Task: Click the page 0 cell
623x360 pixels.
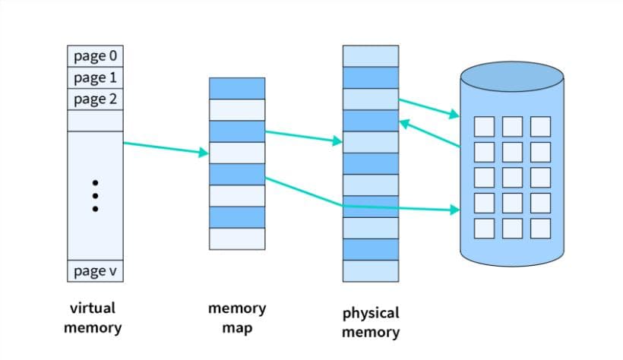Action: pyautogui.click(x=95, y=55)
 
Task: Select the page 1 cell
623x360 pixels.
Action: pyautogui.click(x=95, y=77)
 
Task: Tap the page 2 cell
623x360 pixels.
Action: pyautogui.click(x=95, y=99)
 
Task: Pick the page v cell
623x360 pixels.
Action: pyautogui.click(x=95, y=271)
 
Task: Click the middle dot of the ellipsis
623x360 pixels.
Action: pyautogui.click(x=95, y=195)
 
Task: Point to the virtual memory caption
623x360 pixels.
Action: pyautogui.click(x=92, y=318)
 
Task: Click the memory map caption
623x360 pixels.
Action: pyautogui.click(x=237, y=318)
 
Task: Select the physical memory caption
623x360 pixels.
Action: pyautogui.click(x=370, y=322)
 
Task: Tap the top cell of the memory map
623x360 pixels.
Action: pyautogui.click(x=237, y=88)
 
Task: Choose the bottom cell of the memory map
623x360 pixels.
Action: pyautogui.click(x=237, y=238)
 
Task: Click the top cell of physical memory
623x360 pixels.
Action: pyautogui.click(x=370, y=56)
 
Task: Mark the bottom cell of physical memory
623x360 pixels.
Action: pyautogui.click(x=370, y=271)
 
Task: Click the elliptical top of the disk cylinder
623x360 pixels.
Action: pyautogui.click(x=512, y=77)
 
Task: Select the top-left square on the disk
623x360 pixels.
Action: pyautogui.click(x=485, y=126)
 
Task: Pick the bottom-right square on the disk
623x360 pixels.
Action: pyautogui.click(x=540, y=228)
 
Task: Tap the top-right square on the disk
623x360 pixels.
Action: pyautogui.click(x=540, y=126)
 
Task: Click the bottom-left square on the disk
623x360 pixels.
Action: pyautogui.click(x=485, y=228)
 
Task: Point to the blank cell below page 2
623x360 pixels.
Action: pyautogui.click(x=95, y=120)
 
